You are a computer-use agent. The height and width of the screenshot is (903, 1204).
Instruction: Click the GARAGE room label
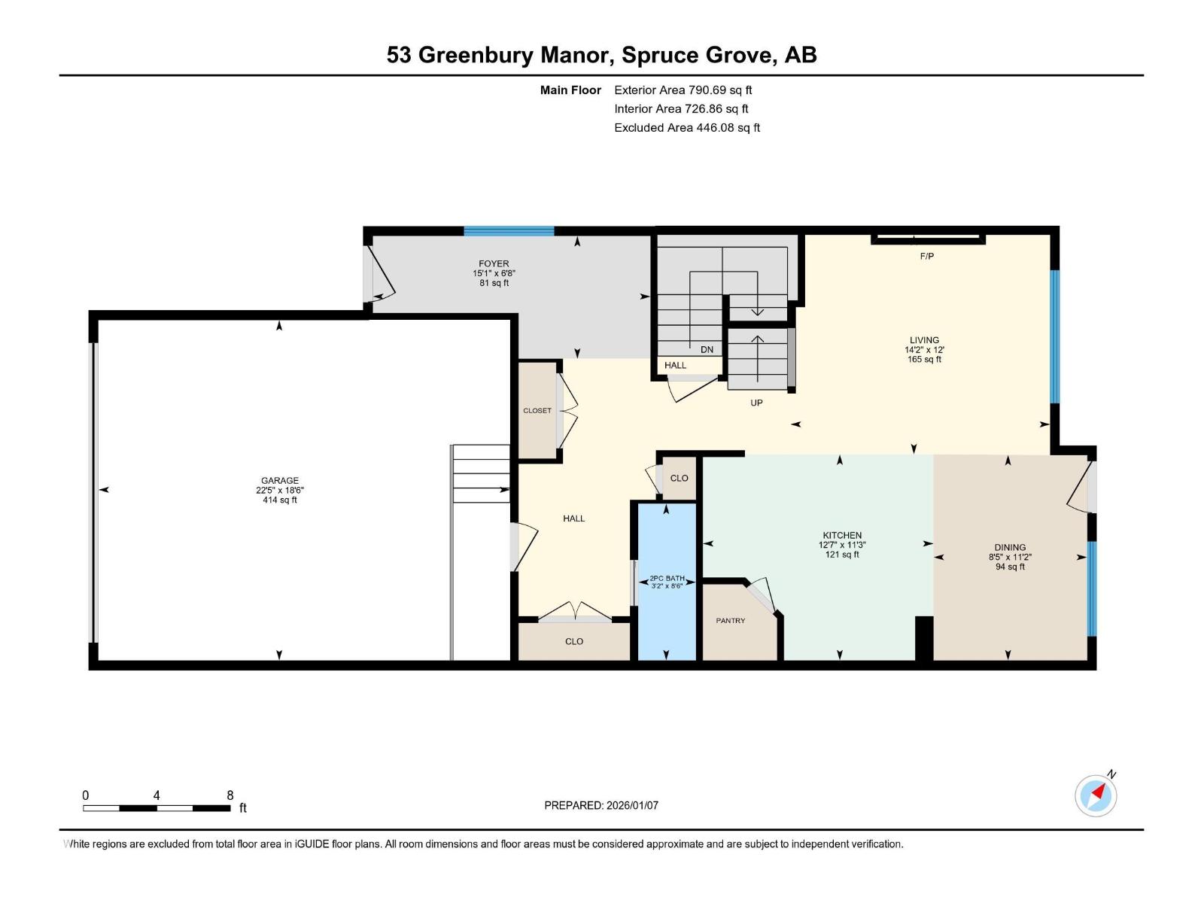[279, 480]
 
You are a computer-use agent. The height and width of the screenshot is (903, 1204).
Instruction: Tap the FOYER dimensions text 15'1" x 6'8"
[494, 273]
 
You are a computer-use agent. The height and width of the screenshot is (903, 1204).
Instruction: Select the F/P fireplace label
[926, 257]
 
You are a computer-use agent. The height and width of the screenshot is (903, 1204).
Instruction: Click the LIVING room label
[924, 340]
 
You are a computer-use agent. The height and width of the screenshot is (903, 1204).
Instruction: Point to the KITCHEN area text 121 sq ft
[841, 555]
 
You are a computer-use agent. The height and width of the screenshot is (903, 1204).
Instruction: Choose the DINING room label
[1010, 548]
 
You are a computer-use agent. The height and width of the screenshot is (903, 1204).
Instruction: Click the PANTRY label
[730, 621]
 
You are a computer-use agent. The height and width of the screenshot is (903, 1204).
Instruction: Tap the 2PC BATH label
[667, 579]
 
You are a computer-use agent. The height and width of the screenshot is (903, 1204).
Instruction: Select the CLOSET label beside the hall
[537, 411]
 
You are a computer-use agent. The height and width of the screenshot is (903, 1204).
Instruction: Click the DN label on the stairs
[707, 350]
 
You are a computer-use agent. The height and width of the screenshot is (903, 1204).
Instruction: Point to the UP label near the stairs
[756, 403]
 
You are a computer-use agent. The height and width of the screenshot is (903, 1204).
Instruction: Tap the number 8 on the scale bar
[230, 795]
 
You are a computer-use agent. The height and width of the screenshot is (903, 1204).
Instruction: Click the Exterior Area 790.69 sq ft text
[683, 90]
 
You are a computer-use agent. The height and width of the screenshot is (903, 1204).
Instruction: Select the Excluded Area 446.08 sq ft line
[686, 128]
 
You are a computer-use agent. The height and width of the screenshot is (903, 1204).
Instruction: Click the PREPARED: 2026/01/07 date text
[601, 805]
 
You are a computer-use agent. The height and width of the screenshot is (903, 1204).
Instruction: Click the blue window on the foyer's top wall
[509, 231]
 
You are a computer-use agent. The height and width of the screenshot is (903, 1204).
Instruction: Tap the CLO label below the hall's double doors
[574, 642]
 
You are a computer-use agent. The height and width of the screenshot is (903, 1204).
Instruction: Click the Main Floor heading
[570, 90]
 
